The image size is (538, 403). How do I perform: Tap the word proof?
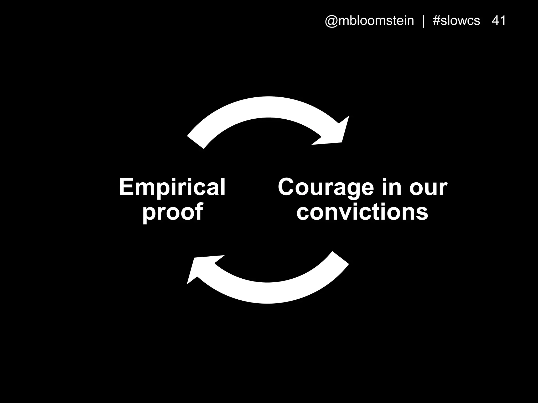173,212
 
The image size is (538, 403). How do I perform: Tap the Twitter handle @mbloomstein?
369,21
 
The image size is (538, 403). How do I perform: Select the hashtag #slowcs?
456,21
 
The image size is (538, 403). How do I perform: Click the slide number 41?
499,20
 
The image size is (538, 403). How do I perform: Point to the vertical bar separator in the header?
423,21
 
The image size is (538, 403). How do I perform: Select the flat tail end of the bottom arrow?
340,258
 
